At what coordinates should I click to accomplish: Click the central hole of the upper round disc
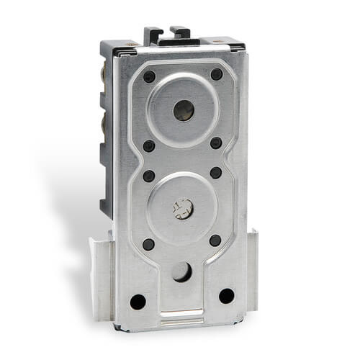tap(184, 110)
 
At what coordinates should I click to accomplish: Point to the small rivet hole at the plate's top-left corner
tap(149, 76)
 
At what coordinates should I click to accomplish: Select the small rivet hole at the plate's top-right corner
tap(216, 74)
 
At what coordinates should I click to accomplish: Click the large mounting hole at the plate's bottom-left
tap(138, 301)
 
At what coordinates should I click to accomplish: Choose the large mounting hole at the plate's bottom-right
tap(226, 295)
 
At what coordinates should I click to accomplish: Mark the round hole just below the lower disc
tap(181, 271)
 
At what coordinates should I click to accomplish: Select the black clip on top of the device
tap(167, 35)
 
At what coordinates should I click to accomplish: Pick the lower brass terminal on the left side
tap(106, 122)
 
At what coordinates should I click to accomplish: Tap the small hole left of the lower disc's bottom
tap(148, 244)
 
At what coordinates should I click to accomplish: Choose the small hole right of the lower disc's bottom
tap(215, 240)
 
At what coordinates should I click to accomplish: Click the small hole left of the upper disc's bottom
tap(148, 145)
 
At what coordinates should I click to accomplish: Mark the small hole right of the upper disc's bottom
tap(215, 143)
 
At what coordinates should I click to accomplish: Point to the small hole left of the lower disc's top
tap(148, 176)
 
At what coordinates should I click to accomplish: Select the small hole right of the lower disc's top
tap(215, 173)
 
